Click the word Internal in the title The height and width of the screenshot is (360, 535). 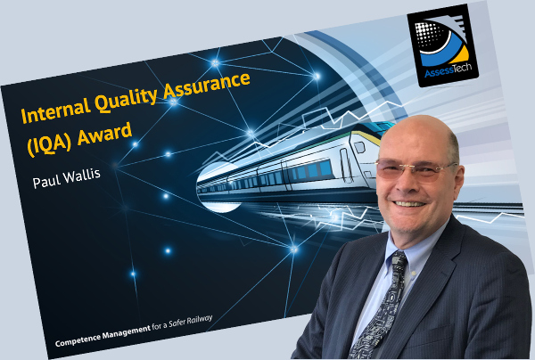click(x=54, y=110)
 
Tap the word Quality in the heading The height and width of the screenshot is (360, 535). click(x=126, y=100)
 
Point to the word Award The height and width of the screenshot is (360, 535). click(x=104, y=134)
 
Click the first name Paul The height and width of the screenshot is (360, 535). click(x=45, y=180)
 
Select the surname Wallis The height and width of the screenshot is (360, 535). click(x=80, y=175)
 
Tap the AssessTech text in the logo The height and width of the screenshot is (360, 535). click(x=448, y=70)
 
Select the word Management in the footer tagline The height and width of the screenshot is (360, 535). click(x=127, y=331)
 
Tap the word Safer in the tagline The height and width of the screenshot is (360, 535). click(x=176, y=323)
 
